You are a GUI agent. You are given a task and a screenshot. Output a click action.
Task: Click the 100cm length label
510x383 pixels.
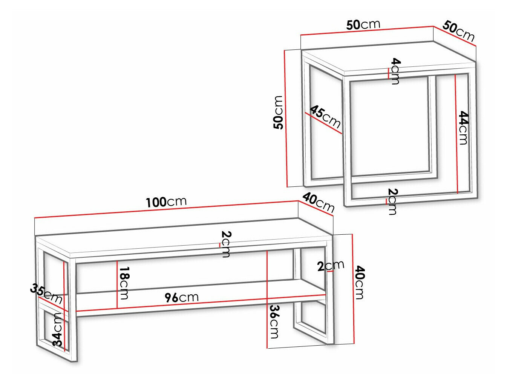(166, 202)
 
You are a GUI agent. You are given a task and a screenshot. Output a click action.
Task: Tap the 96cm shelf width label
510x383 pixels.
(181, 297)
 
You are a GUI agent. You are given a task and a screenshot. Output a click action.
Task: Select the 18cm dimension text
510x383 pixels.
(124, 283)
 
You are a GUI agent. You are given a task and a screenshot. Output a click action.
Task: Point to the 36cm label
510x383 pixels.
(274, 321)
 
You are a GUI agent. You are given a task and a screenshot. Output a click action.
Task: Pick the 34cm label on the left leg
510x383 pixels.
(57, 329)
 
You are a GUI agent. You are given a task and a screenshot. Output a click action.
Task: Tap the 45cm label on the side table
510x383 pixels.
(325, 117)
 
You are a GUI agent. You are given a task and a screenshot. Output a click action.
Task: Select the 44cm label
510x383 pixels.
(463, 128)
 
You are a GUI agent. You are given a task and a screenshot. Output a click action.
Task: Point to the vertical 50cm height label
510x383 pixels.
(278, 112)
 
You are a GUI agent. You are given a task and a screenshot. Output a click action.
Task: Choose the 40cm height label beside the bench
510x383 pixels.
(360, 282)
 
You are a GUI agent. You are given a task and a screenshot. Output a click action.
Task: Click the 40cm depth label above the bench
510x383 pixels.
(318, 202)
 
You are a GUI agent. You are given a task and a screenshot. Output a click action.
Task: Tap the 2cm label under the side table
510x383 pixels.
(392, 201)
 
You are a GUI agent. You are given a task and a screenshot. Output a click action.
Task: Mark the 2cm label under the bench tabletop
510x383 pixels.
(226, 244)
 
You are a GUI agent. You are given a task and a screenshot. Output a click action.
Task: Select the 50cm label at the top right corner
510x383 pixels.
(458, 31)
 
